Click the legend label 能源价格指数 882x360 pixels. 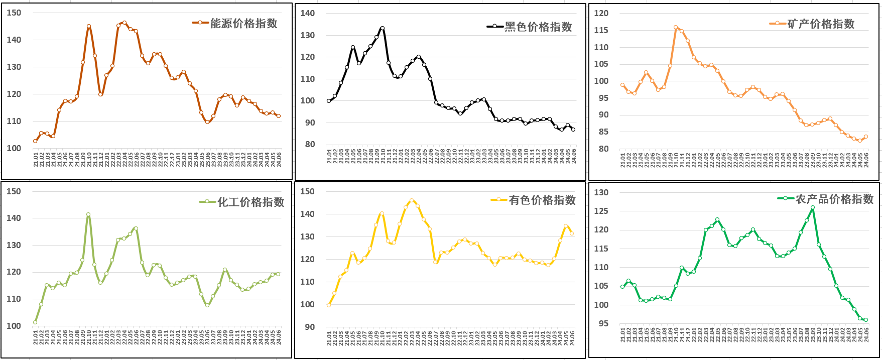click(x=243, y=23)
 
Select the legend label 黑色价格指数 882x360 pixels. click(x=538, y=27)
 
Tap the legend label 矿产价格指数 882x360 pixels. click(x=821, y=24)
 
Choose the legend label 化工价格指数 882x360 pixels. click(x=250, y=202)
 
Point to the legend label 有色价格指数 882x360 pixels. click(x=542, y=200)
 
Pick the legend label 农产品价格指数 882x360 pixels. click(x=834, y=199)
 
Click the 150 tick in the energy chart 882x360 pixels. click(x=14, y=13)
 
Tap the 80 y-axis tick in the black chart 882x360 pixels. click(x=308, y=144)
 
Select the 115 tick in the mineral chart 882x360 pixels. click(x=601, y=30)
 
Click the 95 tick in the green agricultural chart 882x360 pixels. click(x=603, y=323)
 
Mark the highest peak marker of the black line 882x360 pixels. click(x=383, y=28)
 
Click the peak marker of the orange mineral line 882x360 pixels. click(x=676, y=28)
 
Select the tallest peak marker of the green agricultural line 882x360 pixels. click(x=813, y=207)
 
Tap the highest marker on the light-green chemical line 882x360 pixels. click(x=88, y=214)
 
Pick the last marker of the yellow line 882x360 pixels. click(x=572, y=233)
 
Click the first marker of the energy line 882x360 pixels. click(x=35, y=141)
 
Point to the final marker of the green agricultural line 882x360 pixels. click(x=866, y=320)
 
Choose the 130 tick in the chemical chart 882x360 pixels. click(x=14, y=245)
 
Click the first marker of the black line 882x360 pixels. click(x=329, y=101)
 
